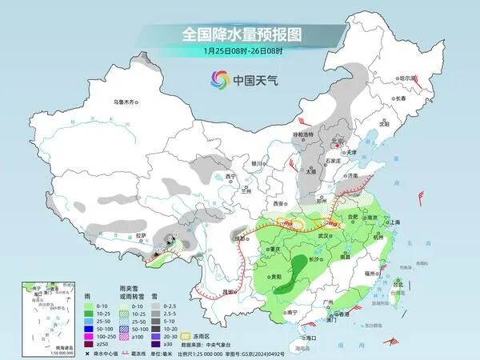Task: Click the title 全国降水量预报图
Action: (x=240, y=34)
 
